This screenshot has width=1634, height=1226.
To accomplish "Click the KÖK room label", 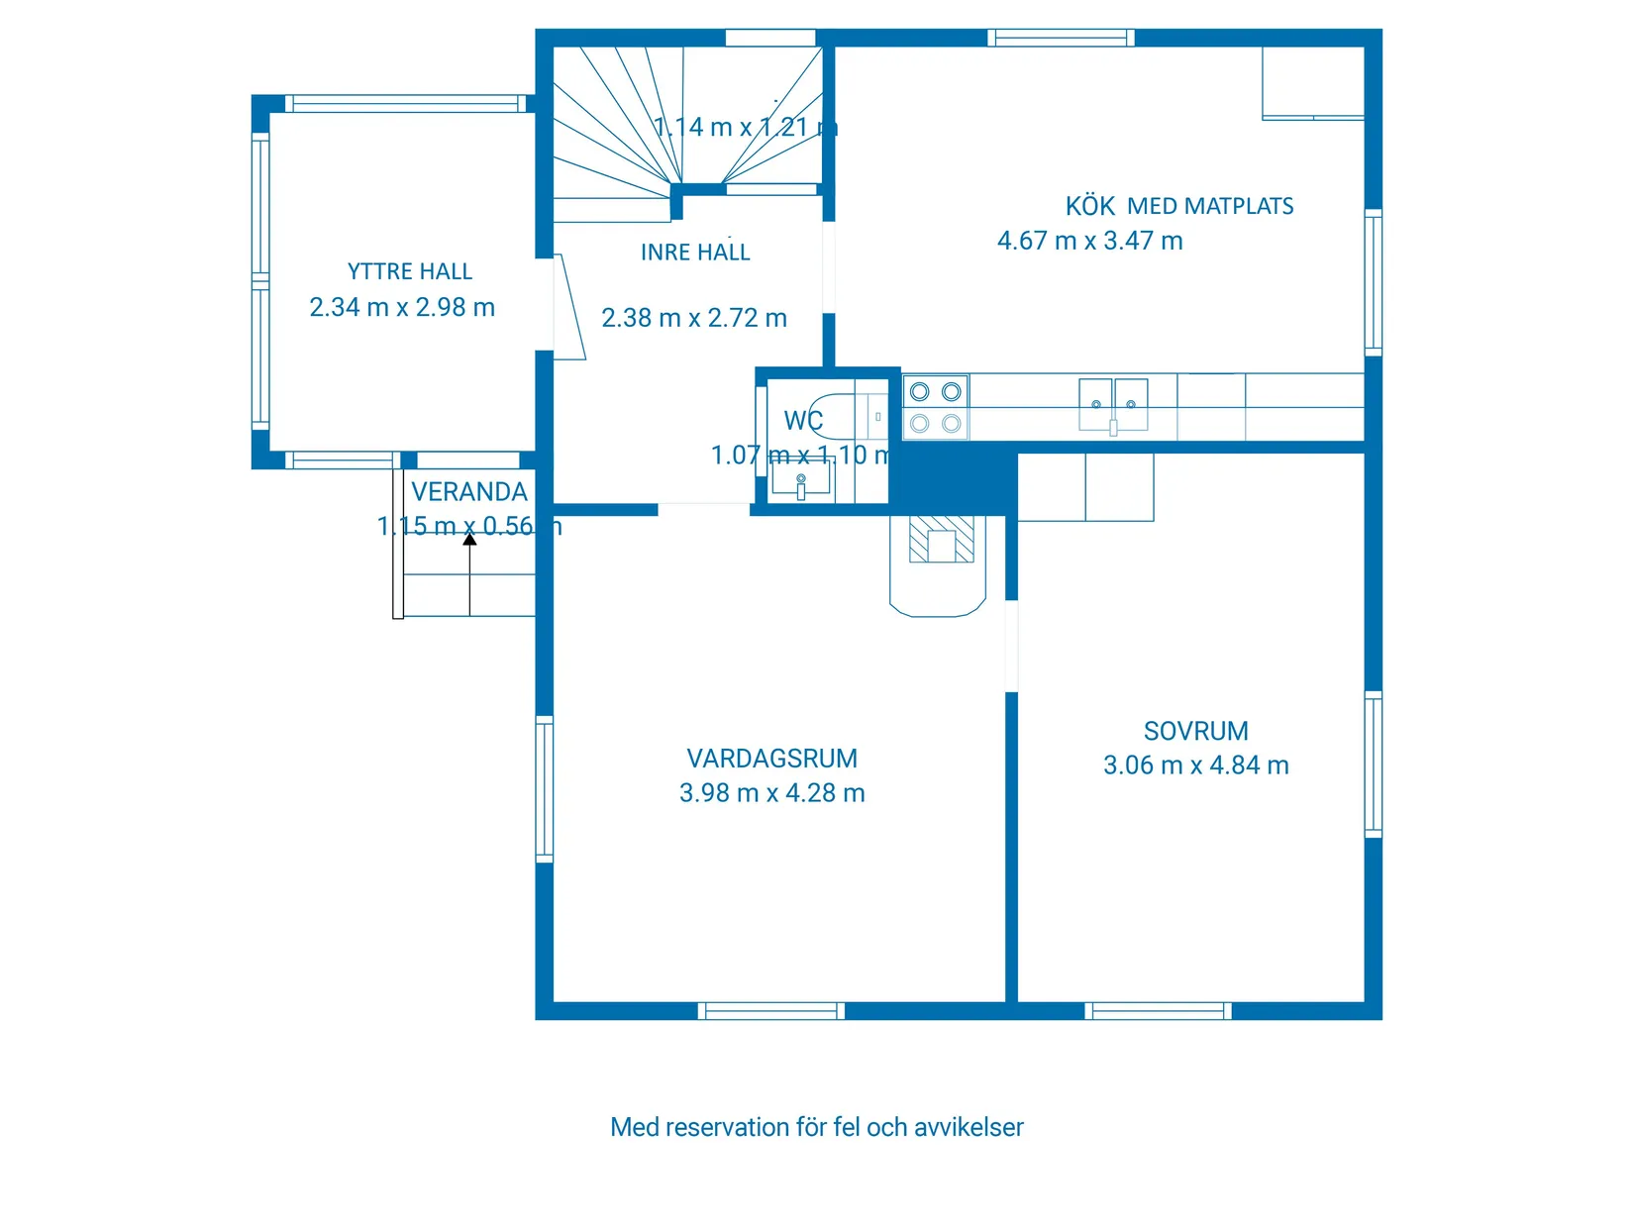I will coord(1089,206).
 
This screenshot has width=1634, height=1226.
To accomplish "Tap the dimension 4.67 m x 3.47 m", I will coord(1089,241).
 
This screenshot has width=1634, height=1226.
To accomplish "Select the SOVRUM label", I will coord(1195,731).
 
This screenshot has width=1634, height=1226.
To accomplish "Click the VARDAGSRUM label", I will coord(771,759).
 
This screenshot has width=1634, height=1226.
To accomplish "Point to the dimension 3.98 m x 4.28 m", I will coord(771,793).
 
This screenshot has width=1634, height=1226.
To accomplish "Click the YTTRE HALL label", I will coord(409,271).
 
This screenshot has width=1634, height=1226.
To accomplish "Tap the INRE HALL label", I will coord(695,253).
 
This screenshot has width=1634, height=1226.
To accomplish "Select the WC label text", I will coord(803,421).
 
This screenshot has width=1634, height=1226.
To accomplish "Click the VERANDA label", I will coord(469,492).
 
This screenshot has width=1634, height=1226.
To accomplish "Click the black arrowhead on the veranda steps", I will coord(469,540).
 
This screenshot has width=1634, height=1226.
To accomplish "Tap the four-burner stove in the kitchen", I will coord(935,407).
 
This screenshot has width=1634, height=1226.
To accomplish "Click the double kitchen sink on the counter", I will coord(1113,405).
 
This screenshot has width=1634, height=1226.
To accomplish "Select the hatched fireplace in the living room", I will coord(941,541).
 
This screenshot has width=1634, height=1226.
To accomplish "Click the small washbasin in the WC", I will coord(800,483).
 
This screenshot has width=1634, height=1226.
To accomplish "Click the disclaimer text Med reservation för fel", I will coord(816,1127).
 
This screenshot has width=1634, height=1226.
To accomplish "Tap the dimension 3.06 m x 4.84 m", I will coord(1195,766).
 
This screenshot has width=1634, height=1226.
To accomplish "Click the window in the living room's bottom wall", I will coord(770,1011).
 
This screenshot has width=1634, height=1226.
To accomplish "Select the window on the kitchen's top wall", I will coord(1061,38).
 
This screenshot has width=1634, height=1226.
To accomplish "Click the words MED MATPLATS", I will coord(1210,206).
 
